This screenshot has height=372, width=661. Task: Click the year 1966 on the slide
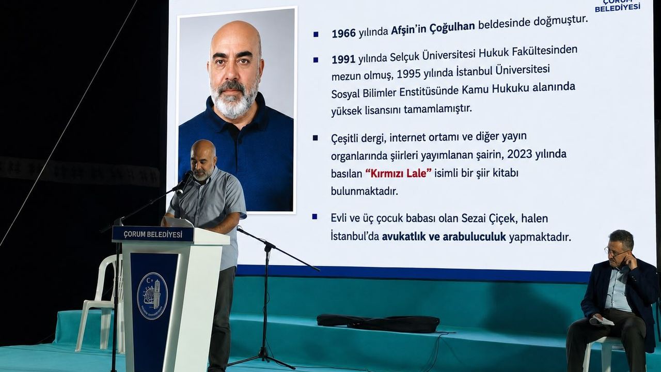tap(344, 34)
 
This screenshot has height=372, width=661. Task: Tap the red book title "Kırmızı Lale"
tap(398, 173)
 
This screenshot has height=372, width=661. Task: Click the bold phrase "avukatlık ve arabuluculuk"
tap(444, 237)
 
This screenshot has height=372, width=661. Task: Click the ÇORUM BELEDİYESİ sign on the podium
tap(153, 235)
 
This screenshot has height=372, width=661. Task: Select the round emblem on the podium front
tap(152, 296)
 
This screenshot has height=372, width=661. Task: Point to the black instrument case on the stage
tap(378, 323)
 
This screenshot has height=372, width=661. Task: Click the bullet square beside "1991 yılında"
tap(316, 60)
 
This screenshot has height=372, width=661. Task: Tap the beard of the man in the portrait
tap(234, 99)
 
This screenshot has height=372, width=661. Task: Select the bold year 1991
tap(343, 59)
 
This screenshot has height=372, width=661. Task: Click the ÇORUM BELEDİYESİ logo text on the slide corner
tap(617, 5)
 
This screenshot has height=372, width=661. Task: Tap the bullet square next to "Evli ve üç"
tap(314, 217)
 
